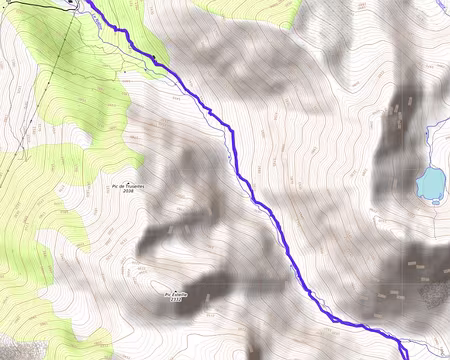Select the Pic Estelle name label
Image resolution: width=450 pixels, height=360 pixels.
176,294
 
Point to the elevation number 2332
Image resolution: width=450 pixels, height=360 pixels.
176,300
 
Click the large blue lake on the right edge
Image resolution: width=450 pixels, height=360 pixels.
430,183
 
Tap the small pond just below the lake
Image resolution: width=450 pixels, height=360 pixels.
436,201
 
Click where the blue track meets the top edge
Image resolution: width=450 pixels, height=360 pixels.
84,2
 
